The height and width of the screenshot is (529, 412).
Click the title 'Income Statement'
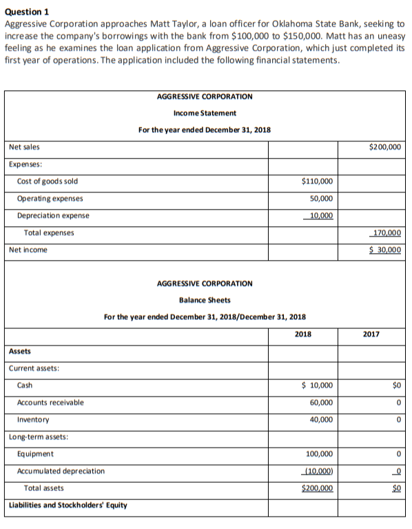pos(205,112)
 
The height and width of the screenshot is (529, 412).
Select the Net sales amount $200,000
pos(385,147)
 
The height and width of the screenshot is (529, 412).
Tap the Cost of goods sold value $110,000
pos(317,181)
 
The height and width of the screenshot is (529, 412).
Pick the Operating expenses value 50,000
pos(320,199)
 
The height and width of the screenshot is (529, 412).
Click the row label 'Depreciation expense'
pos(53,216)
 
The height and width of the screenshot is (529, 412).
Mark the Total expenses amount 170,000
pos(387,233)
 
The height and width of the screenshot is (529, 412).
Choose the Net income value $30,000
pos(385,250)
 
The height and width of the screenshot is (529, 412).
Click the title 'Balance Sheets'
pos(205,300)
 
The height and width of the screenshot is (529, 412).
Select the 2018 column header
pos(302,335)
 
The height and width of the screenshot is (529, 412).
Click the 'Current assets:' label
pos(34,368)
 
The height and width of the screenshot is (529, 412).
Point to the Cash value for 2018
pos(318,386)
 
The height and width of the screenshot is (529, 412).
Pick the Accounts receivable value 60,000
pos(321,403)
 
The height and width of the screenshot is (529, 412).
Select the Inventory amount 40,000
pos(321,419)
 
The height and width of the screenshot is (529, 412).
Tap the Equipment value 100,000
pos(319,454)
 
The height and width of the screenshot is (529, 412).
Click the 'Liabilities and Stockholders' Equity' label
pos(68,505)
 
